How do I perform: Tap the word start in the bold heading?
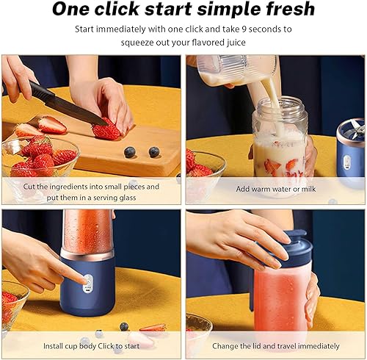168,9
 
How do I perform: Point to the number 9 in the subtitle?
244,29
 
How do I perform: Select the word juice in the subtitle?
236,43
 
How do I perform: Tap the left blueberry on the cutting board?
130,152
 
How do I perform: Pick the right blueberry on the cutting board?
154,152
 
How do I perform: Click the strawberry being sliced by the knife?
106,130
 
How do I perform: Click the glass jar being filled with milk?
280,137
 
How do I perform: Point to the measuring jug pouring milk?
235,70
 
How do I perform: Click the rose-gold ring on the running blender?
87,254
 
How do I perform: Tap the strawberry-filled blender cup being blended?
87,230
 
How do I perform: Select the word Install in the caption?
53,346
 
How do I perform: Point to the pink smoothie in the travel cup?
280,299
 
